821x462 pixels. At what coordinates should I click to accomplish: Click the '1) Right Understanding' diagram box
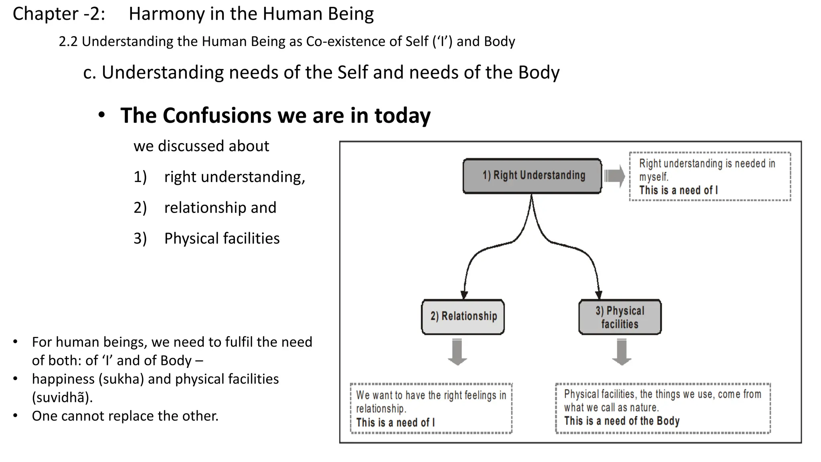[x=532, y=176]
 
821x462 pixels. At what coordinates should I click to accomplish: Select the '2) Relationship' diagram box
[x=463, y=316]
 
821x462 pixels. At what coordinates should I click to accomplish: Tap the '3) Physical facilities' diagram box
[x=620, y=317]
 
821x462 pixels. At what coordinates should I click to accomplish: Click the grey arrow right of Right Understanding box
[x=615, y=176]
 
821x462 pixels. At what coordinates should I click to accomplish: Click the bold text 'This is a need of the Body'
[x=622, y=421]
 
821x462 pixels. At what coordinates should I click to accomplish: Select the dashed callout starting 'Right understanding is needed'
[x=710, y=176]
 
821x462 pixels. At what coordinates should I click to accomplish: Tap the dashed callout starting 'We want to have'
[x=431, y=408]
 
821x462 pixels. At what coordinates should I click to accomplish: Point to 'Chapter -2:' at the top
[x=59, y=14]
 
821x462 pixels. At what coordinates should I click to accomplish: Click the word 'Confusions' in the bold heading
[x=217, y=115]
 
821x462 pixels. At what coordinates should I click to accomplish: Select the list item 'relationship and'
[x=220, y=208]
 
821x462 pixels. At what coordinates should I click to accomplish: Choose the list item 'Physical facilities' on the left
[x=222, y=239]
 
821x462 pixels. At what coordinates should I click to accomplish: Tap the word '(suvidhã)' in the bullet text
[x=62, y=397]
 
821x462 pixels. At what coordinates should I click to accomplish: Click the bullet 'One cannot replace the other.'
[x=125, y=416]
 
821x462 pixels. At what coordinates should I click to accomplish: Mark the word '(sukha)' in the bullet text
[x=121, y=379]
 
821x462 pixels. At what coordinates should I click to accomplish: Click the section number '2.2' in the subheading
[x=68, y=42]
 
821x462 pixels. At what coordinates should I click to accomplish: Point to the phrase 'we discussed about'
[x=201, y=146]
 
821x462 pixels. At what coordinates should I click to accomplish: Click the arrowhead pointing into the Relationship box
[x=464, y=295]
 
